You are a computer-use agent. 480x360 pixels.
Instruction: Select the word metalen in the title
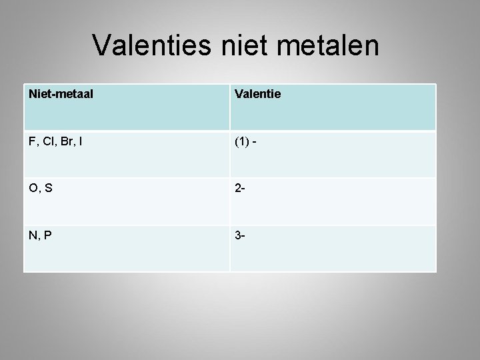coord(334,46)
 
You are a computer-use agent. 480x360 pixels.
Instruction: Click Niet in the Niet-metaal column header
coord(39,95)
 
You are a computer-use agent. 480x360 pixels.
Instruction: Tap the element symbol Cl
coord(47,141)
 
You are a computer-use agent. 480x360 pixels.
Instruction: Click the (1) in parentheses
coord(243,141)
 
